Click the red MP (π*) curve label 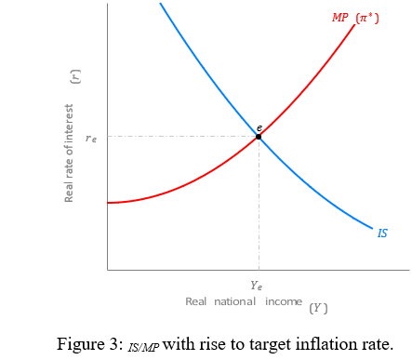pos(355,18)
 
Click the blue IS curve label pos(382,233)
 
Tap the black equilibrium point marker pos(259,137)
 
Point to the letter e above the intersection pos(259,127)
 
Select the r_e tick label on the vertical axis pos(91,138)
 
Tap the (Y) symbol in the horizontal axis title pos(318,308)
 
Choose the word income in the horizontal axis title pos(283,301)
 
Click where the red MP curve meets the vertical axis pos(108,202)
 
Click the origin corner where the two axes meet pos(108,270)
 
